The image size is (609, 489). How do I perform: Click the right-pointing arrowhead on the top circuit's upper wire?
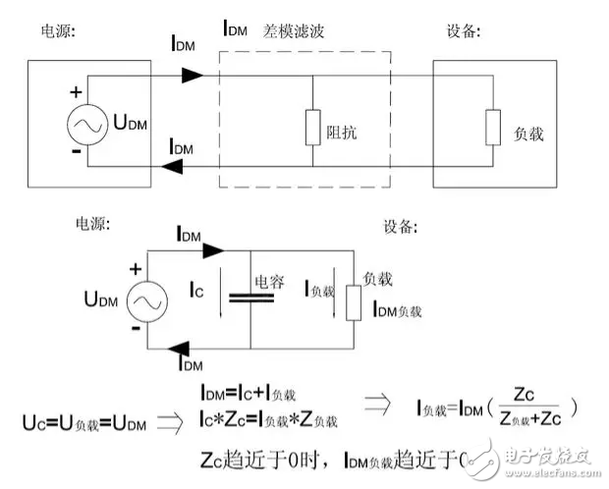[194, 75]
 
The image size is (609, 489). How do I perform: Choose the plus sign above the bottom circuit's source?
[137, 266]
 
